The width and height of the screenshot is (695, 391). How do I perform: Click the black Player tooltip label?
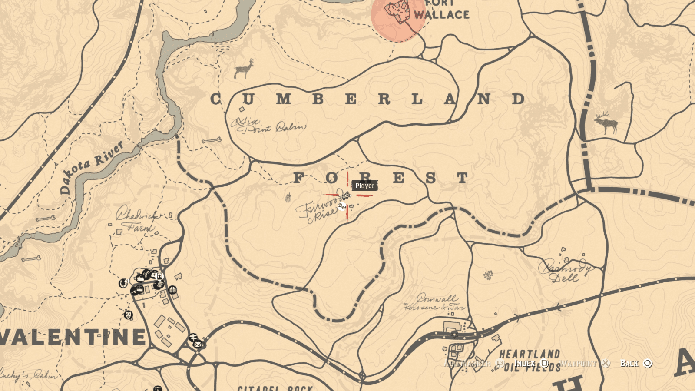pyautogui.click(x=364, y=186)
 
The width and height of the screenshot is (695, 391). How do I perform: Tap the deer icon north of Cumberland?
pyautogui.click(x=244, y=69)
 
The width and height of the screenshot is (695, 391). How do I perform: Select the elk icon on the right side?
pyautogui.click(x=606, y=123)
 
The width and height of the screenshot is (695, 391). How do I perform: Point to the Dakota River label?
pyautogui.click(x=92, y=167)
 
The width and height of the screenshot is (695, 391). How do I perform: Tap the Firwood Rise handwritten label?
pyautogui.click(x=319, y=210)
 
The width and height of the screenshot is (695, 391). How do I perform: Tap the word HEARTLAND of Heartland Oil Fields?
pyautogui.click(x=530, y=354)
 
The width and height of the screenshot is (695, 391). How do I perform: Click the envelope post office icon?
pyautogui.click(x=198, y=345)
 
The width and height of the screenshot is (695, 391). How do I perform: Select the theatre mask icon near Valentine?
pyautogui.click(x=128, y=315)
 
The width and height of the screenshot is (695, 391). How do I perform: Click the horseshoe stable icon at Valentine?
pyautogui.click(x=123, y=283)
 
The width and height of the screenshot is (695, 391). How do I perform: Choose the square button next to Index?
pyautogui.click(x=545, y=363)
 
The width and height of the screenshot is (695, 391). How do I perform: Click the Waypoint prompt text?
pyautogui.click(x=578, y=363)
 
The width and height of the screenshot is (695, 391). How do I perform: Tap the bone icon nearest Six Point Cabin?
pyautogui.click(x=212, y=140)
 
